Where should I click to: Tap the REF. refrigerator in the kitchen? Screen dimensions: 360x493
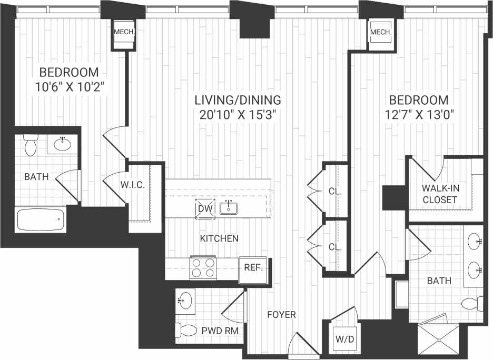coord(253,267)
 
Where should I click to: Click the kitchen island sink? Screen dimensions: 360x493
coord(229,208)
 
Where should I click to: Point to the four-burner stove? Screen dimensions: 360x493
coord(203,267)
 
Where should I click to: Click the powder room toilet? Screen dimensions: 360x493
coord(185,331)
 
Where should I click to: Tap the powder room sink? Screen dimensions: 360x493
coord(185,301)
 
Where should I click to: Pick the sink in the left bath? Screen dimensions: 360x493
coord(63,143)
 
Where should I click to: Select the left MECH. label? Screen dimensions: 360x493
coord(125,32)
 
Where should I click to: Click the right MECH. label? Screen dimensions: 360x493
coord(381,33)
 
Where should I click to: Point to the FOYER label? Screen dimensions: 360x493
coord(282,315)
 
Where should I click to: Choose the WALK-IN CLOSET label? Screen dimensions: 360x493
coord(439,194)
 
